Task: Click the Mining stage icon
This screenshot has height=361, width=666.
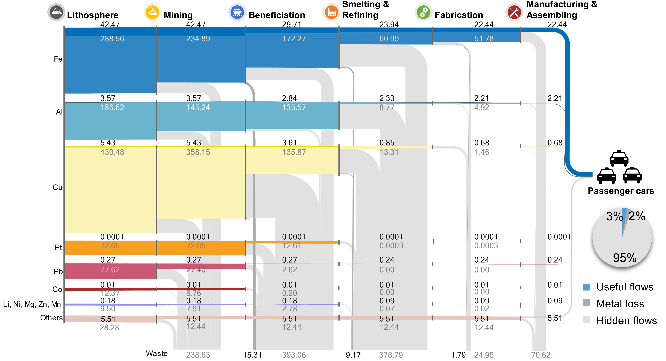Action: pyautogui.click(x=152, y=12)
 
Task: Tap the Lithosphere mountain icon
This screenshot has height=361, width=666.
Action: pyautogui.click(x=56, y=12)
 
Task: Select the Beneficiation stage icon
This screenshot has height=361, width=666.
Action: pyautogui.click(x=237, y=12)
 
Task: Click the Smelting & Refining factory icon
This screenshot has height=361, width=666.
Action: pyautogui.click(x=331, y=12)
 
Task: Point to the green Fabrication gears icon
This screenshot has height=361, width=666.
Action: pyautogui.click(x=423, y=12)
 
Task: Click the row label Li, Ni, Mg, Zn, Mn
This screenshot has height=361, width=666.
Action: pyautogui.click(x=32, y=304)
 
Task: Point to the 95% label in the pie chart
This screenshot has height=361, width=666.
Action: pyautogui.click(x=625, y=258)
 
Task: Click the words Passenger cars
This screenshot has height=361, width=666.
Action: pyautogui.click(x=621, y=191)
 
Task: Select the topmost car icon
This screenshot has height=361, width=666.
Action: pyautogui.click(x=619, y=158)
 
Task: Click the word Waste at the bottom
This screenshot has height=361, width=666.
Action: pyautogui.click(x=157, y=353)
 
